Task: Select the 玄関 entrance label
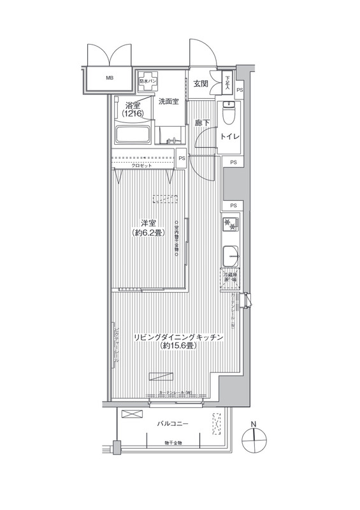pos(200,84)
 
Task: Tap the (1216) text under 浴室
pos(133,113)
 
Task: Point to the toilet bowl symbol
pos(229,115)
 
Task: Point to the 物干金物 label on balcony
pos(173,442)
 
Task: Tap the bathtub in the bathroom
pos(133,136)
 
